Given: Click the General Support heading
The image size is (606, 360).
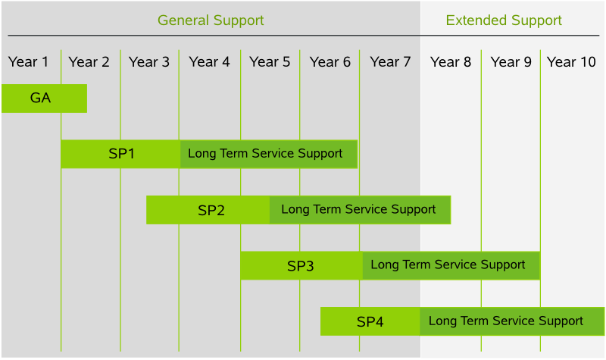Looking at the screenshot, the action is click(x=211, y=20).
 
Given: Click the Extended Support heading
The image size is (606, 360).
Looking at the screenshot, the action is click(x=504, y=20).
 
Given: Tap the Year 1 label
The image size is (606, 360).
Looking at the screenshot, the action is click(x=28, y=62).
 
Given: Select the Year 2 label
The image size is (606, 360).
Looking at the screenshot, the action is click(x=89, y=62).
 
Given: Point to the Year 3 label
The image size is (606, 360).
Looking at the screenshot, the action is click(x=149, y=62).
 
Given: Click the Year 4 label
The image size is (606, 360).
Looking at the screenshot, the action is click(x=210, y=62).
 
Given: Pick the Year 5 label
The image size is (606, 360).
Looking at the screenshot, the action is click(x=270, y=62).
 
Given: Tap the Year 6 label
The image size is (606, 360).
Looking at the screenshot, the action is click(x=330, y=62).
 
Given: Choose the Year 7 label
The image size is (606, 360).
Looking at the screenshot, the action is click(x=390, y=62).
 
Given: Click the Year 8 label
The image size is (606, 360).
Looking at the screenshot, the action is click(x=451, y=62).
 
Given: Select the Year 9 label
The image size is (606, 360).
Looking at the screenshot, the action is click(x=511, y=62).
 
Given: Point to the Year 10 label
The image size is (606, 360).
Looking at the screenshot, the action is click(x=571, y=62).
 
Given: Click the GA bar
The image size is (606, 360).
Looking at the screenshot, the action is click(x=44, y=99).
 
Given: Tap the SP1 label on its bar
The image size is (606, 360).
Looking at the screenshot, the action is click(x=121, y=154).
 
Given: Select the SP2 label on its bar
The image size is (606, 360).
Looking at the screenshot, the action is click(x=211, y=211).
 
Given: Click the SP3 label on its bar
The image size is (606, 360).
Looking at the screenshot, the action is click(x=300, y=266).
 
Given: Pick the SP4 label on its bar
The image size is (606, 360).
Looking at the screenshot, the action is click(x=370, y=321).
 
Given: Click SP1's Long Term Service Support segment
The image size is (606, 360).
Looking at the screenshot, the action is click(x=269, y=154).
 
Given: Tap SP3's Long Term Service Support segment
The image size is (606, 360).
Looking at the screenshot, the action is click(x=451, y=266).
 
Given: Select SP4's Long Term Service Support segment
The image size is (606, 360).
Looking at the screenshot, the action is click(x=512, y=321).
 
